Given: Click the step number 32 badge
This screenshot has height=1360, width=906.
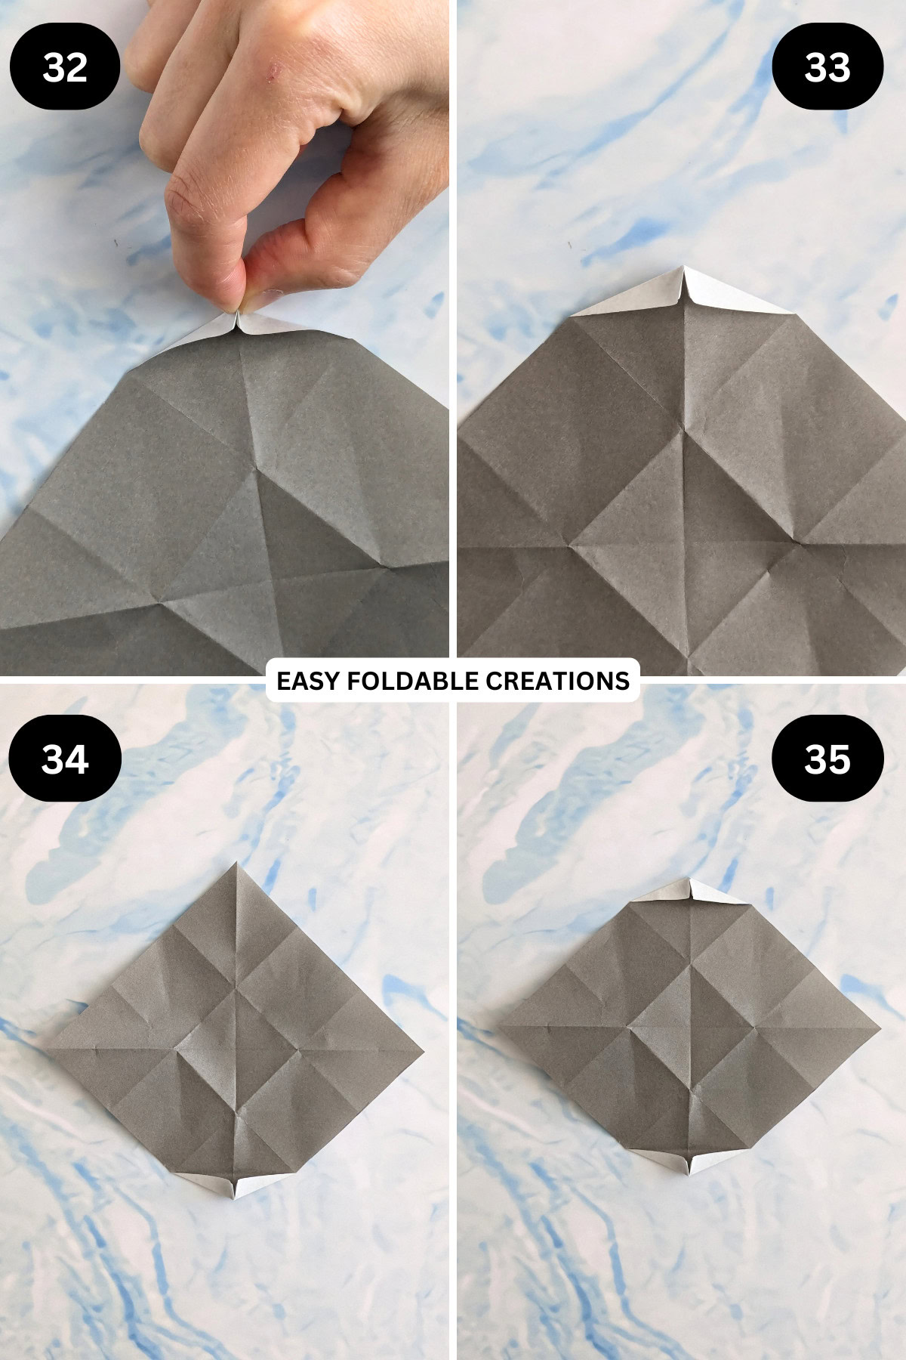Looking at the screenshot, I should [65, 67].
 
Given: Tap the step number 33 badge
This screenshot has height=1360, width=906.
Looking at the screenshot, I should [827, 67].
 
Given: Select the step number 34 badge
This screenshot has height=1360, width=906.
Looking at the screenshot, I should [65, 759].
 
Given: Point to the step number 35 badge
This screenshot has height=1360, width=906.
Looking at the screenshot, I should [827, 759].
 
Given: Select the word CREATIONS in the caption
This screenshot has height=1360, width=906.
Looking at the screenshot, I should [557, 681].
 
